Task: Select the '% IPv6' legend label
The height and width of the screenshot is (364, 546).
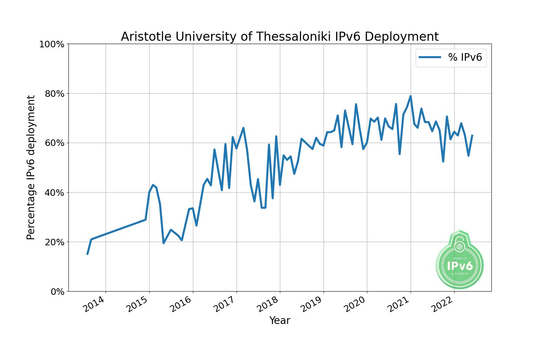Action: pos(465,57)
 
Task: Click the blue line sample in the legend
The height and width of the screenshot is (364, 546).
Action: pos(430,57)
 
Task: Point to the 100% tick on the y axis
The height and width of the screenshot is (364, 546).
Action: pos(51,44)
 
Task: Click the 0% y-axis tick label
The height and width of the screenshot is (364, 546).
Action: pos(56,292)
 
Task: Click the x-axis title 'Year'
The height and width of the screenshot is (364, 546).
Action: pos(280,321)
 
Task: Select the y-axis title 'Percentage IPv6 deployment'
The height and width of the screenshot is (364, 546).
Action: pos(31,167)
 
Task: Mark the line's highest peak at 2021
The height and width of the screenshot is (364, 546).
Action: pos(411,96)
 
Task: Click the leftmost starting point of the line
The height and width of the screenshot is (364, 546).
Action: pos(87,254)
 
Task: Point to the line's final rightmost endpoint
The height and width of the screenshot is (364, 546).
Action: pos(472,135)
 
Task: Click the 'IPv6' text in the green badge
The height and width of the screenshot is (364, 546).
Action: pos(460,266)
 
